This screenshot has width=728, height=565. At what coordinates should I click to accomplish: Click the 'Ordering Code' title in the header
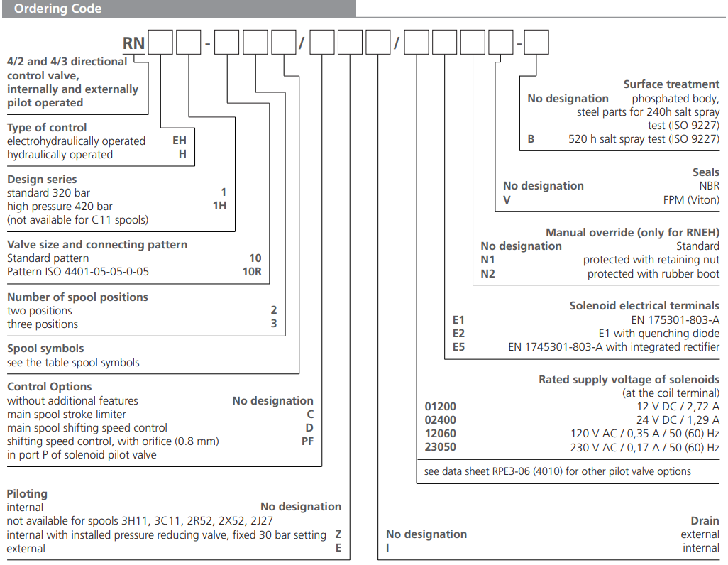(x=57, y=9)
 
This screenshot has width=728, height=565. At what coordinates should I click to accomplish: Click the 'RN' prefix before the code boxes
(x=133, y=43)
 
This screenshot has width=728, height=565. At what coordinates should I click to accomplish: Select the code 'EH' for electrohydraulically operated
(x=180, y=141)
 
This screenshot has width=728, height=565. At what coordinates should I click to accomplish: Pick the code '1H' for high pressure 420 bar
(x=220, y=206)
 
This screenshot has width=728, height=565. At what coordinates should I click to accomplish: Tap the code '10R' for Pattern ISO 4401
(x=255, y=272)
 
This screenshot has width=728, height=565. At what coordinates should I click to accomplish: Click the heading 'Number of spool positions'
(x=77, y=297)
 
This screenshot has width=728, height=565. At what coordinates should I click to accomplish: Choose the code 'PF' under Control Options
(x=307, y=441)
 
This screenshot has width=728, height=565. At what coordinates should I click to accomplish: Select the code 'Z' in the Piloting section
(x=338, y=534)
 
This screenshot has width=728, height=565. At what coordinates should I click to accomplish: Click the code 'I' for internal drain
(x=388, y=548)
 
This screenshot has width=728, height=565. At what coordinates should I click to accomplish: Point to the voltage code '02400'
(x=440, y=420)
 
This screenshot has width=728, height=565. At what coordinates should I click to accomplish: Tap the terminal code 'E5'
(x=459, y=347)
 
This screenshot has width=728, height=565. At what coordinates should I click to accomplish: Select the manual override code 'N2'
(x=487, y=274)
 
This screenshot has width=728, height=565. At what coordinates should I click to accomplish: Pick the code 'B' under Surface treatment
(x=531, y=139)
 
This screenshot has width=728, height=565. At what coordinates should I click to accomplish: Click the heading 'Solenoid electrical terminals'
(x=644, y=305)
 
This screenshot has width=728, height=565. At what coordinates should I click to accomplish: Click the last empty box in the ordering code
(x=536, y=43)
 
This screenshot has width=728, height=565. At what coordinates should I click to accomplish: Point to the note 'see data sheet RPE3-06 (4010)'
(x=557, y=471)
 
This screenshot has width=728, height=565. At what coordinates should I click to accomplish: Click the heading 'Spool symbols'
(x=45, y=349)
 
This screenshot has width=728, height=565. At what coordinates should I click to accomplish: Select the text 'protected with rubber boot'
(x=653, y=274)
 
